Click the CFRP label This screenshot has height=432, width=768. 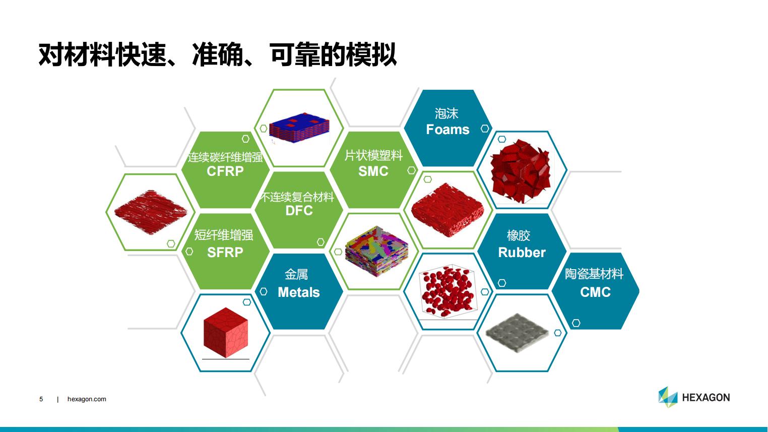point(225,171)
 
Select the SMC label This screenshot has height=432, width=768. point(373,171)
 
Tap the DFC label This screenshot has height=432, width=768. point(299,211)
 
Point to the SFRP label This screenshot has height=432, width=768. point(225,253)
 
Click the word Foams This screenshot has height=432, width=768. point(447,130)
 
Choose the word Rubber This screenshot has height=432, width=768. point(522,253)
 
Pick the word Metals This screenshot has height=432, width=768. point(299,292)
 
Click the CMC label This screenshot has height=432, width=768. point(595,292)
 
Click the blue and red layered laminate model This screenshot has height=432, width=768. point(299,128)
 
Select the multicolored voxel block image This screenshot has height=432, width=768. point(376,251)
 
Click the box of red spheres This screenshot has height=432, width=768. point(447,291)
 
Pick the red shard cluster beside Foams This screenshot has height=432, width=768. point(521,171)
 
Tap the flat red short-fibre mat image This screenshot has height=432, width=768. point(151,212)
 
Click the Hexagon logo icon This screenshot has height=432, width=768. point(668,397)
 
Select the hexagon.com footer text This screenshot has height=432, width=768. point(87,399)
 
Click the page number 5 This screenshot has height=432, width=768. point(41,399)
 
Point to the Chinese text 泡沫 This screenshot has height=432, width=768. point(446,113)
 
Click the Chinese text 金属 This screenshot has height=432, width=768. point(296,274)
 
